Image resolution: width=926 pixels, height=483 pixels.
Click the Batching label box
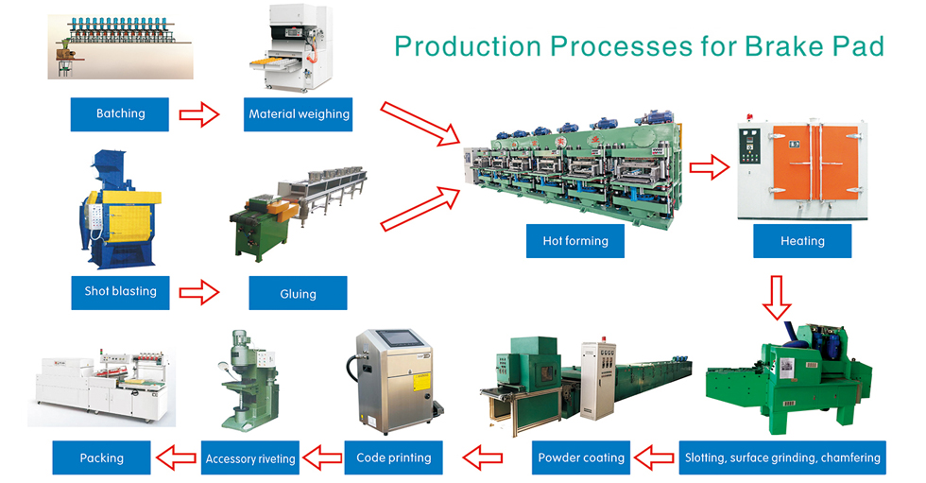coord(119,114)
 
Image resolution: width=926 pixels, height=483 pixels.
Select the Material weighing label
coord(299,114)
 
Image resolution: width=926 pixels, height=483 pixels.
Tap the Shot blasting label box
coord(121,292)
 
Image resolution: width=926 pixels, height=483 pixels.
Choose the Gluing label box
coord(298,293)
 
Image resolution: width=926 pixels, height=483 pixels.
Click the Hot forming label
coord(575,240)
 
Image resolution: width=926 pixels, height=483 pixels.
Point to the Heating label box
coord(802,240)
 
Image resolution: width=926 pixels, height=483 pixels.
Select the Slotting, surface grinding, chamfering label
coord(782,457)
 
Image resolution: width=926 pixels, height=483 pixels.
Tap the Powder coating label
coord(581,457)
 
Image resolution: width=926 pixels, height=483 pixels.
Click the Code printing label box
coord(393,457)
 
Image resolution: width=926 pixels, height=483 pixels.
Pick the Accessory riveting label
coord(250,457)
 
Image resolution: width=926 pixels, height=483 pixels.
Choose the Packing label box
coord(102,457)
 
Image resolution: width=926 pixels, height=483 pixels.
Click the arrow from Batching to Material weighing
coord(199,114)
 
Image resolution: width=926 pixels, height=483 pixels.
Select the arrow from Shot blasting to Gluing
coord(199,292)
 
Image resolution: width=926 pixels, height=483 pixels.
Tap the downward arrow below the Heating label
coord(777,298)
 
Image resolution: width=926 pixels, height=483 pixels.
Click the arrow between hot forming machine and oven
coord(710,167)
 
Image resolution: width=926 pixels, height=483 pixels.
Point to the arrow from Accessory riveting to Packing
coord(176,457)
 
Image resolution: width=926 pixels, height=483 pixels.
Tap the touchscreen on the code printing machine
coord(399,339)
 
